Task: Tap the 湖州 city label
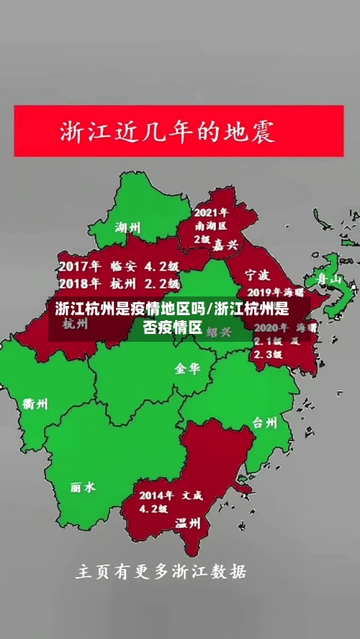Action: click(128, 228)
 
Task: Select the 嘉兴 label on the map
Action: click(225, 245)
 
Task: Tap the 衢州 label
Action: click(35, 404)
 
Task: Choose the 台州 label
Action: click(264, 422)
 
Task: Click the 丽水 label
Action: click(83, 487)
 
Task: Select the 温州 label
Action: click(188, 523)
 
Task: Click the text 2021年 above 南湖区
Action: click(211, 213)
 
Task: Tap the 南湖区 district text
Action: click(211, 226)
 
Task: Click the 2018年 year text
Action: click(78, 282)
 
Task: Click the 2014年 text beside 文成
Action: click(156, 495)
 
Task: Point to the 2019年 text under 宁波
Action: click(265, 293)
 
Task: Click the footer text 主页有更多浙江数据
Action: click(161, 573)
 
